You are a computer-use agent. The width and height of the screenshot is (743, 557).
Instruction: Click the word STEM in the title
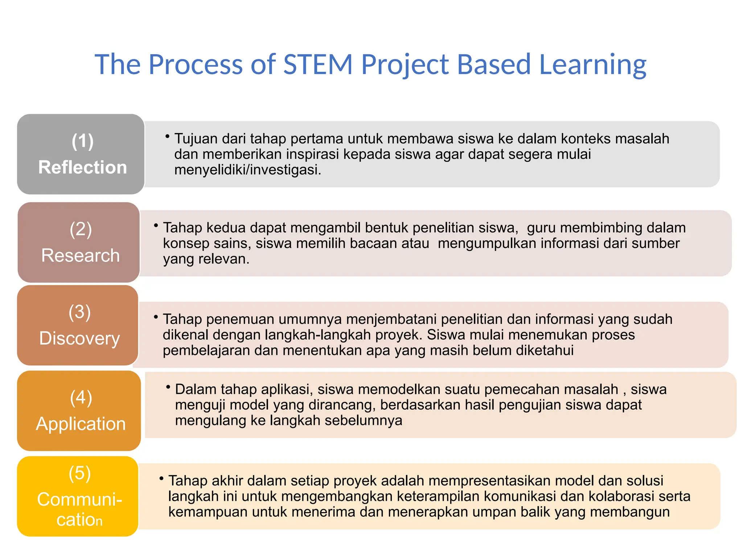(318, 65)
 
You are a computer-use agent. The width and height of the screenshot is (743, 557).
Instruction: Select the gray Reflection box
(81, 154)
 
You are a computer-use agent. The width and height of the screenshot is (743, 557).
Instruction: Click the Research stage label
(80, 255)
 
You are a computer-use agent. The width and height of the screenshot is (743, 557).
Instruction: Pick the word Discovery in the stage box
(79, 338)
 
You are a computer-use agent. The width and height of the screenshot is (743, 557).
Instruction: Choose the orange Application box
(79, 410)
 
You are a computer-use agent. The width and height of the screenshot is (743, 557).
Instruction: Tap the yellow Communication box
(78, 496)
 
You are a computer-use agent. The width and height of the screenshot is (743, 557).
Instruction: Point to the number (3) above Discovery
(79, 312)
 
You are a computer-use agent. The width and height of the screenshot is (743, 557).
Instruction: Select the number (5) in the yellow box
(79, 473)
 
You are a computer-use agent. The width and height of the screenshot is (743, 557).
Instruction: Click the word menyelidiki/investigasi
(247, 170)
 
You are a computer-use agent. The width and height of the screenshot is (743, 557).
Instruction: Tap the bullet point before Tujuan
(167, 136)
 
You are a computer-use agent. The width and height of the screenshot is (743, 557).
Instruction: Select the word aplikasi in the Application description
(287, 389)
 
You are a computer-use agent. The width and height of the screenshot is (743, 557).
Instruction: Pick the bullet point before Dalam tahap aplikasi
(168, 387)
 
